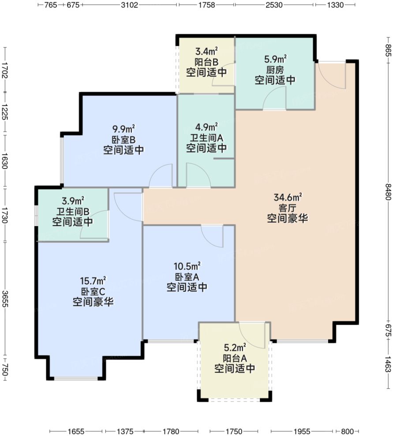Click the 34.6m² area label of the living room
tap(287, 196)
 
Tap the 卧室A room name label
tap(187, 277)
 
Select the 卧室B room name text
tap(124, 140)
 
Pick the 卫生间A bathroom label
tap(206, 138)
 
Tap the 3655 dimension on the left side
tap(5, 300)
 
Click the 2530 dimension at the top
tap(274, 5)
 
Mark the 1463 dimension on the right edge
tap(387, 361)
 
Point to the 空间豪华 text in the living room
tap(287, 218)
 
